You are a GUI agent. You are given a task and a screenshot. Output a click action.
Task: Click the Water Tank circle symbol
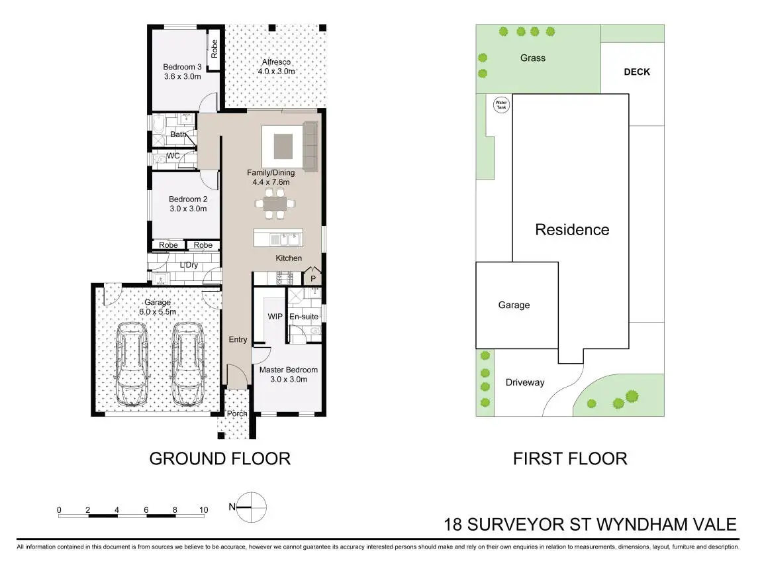pyautogui.click(x=500, y=104)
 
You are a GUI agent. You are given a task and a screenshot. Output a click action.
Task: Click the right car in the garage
pyautogui.click(x=187, y=364)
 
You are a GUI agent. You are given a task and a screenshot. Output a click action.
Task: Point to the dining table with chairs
pyautogui.click(x=275, y=203)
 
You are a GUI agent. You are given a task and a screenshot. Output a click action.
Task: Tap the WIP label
pyautogui.click(x=275, y=317)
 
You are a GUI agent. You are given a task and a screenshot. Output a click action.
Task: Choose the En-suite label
pyautogui.click(x=305, y=317)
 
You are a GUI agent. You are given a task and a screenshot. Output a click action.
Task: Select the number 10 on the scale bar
pyautogui.click(x=203, y=510)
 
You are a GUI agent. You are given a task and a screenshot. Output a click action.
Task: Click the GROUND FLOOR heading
pyautogui.click(x=220, y=458)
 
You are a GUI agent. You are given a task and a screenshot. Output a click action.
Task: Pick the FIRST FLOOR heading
pyautogui.click(x=569, y=458)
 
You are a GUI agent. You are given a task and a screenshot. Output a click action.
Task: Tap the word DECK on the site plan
pyautogui.click(x=637, y=72)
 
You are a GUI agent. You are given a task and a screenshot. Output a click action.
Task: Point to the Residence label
pyautogui.click(x=572, y=230)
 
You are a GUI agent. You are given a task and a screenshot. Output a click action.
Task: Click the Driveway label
pyautogui.click(x=524, y=382)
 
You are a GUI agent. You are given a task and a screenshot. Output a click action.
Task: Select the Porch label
pyautogui.click(x=237, y=413)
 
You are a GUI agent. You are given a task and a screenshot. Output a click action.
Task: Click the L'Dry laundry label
pyautogui.click(x=189, y=265)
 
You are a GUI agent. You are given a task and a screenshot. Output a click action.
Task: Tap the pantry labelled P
pyautogui.click(x=314, y=279)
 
